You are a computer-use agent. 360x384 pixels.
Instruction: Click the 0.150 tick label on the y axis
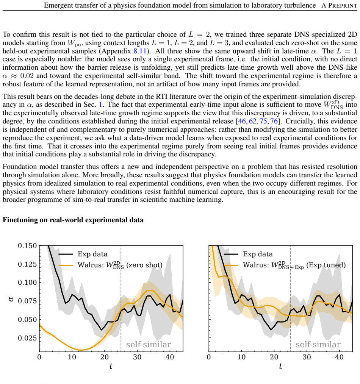click(x=27, y=246)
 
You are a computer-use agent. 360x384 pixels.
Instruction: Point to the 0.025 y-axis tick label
click(x=27, y=338)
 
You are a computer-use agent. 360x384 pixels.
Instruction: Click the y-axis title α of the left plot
click(x=11, y=299)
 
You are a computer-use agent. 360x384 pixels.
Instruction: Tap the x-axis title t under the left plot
click(x=111, y=366)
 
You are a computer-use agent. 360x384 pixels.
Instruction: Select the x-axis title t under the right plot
click(x=280, y=366)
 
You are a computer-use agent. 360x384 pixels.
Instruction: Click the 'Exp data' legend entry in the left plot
click(x=83, y=254)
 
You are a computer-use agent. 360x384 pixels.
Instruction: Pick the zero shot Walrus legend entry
click(x=111, y=265)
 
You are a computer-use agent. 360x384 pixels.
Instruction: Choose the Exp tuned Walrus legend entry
click(x=285, y=265)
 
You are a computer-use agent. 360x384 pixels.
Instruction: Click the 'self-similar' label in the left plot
click(x=149, y=345)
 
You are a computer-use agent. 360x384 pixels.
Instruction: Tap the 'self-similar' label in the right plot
click(x=318, y=345)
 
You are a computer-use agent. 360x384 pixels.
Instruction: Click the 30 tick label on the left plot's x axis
click(x=137, y=357)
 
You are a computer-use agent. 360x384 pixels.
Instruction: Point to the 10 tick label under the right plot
click(x=241, y=357)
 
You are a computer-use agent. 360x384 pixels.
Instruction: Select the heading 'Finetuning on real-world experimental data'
click(x=73, y=220)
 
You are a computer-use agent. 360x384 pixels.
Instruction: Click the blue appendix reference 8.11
click(x=140, y=51)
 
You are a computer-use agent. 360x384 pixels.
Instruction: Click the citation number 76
click(x=274, y=121)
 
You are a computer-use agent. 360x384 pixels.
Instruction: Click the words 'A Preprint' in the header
click(x=340, y=5)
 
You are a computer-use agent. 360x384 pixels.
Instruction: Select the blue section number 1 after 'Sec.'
click(x=100, y=105)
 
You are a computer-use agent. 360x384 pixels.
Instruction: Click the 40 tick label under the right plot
click(x=340, y=357)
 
